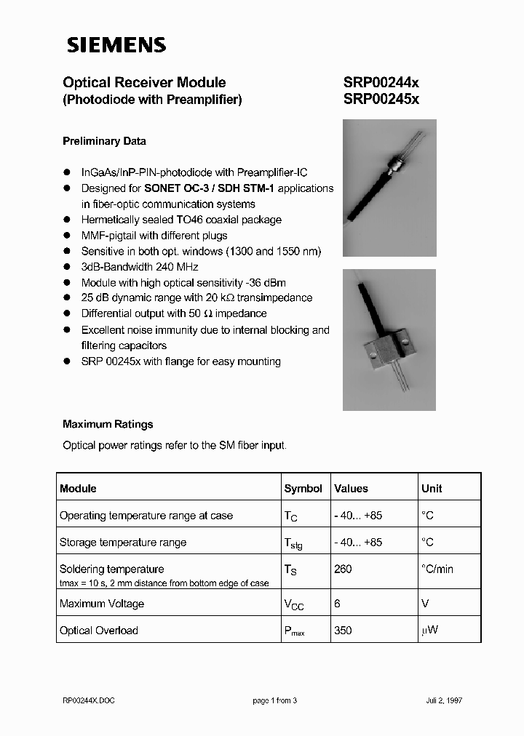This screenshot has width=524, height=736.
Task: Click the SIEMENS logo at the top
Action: click(x=116, y=45)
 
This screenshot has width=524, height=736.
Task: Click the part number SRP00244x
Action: click(x=381, y=83)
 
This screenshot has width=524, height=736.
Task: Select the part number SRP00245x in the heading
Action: click(x=381, y=100)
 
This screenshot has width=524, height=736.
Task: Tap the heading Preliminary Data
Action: click(x=104, y=141)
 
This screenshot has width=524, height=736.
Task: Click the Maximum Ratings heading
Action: click(x=108, y=424)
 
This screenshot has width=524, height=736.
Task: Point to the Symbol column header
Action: click(x=303, y=489)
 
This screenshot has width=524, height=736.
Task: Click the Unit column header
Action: click(x=432, y=489)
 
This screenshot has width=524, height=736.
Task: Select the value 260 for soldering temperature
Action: click(x=342, y=569)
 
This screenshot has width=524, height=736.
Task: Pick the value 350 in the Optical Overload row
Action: click(x=342, y=631)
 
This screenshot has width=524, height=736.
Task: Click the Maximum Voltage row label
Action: click(x=102, y=604)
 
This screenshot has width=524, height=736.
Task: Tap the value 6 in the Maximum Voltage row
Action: click(x=337, y=604)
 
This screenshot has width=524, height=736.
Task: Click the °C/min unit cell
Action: click(x=437, y=569)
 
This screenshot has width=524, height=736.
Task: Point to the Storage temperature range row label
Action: click(x=123, y=543)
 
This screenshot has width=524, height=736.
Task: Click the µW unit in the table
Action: click(x=429, y=631)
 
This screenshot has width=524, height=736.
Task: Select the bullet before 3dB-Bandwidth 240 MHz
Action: click(x=66, y=267)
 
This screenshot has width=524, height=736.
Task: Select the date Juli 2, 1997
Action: click(x=444, y=700)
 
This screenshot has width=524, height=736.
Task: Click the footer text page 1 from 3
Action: click(x=275, y=700)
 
